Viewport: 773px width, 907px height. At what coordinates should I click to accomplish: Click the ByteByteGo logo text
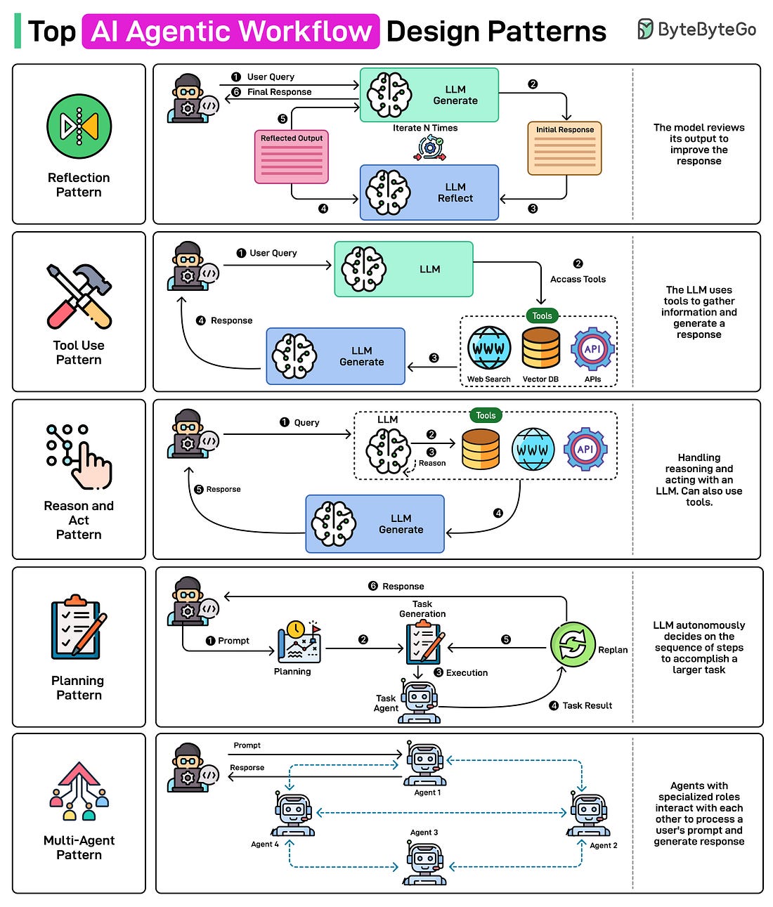point(706,30)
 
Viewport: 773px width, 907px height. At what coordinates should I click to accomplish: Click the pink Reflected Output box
point(291,157)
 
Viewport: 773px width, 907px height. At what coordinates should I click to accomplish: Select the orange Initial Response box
point(564,148)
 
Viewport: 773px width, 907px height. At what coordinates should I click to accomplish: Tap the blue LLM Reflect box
point(429,193)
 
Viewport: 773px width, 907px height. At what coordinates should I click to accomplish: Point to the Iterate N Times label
point(425,128)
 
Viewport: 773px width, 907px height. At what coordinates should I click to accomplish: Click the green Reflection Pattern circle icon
point(79,126)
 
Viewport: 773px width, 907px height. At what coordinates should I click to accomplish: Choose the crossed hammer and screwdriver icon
point(79,296)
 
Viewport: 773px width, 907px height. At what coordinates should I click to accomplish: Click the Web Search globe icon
point(488,348)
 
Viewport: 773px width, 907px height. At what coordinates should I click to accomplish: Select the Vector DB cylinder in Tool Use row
point(540,348)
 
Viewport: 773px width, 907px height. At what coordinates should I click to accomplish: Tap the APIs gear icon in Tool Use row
point(592,348)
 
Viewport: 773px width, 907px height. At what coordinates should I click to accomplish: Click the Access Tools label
point(578,279)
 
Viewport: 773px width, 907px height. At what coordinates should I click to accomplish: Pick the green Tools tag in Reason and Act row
point(486,415)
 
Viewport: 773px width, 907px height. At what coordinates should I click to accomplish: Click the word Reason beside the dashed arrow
point(432,463)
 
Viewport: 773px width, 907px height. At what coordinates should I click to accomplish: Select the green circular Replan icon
point(573,644)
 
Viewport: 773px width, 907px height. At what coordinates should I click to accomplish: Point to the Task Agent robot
point(420,701)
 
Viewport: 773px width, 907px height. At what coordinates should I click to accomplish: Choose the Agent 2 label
point(603,845)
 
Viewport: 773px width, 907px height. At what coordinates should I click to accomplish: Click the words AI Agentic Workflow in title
point(230,32)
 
